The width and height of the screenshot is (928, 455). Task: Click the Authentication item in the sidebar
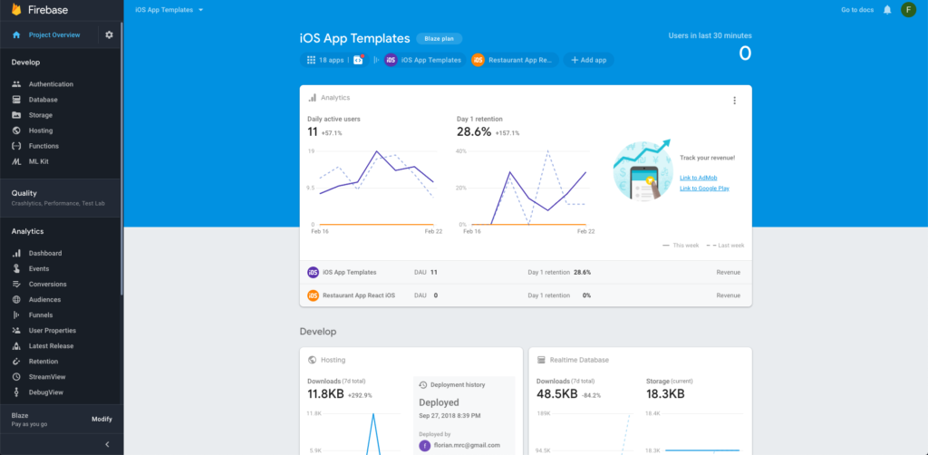point(50,84)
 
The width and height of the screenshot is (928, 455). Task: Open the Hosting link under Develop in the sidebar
point(40,131)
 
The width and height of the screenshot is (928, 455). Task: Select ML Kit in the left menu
point(38,161)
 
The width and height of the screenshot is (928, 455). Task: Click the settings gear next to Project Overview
point(109,35)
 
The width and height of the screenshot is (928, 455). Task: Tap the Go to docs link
point(856,10)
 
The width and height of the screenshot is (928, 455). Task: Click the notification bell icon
point(887,10)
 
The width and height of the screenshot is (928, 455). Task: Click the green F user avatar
point(908,10)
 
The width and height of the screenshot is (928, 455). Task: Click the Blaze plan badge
point(440,39)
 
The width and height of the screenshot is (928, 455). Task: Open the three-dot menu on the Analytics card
point(734,101)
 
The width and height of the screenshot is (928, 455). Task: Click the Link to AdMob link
point(699,177)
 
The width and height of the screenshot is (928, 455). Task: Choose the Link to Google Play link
point(704,188)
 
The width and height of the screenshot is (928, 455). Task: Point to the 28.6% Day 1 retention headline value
point(473,132)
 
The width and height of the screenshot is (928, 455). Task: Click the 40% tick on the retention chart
point(460,151)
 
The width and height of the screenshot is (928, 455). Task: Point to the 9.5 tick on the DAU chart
point(311,188)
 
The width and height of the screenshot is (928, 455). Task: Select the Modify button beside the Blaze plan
point(101,419)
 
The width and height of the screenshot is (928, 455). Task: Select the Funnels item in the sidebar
point(40,315)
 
